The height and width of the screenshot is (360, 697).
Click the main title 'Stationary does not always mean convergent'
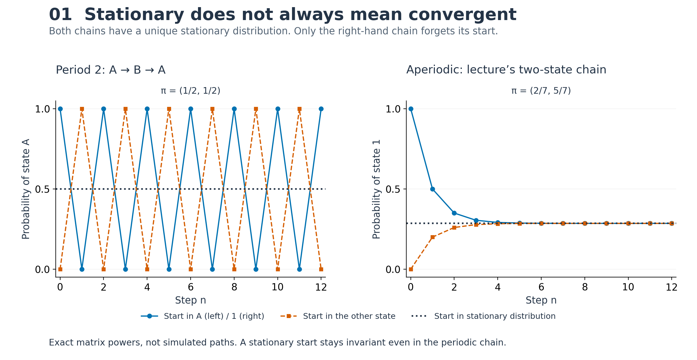click(x=300, y=15)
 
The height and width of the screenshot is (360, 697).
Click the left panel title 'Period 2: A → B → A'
click(x=110, y=70)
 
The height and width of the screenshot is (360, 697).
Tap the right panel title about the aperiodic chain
click(x=506, y=70)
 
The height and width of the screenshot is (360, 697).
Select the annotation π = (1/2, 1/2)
click(x=190, y=91)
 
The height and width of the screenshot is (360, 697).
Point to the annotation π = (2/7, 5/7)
click(x=541, y=91)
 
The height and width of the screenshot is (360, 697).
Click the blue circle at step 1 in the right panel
click(x=432, y=189)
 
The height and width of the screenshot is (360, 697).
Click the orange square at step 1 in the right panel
click(x=432, y=237)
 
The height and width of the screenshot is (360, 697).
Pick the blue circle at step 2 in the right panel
click(x=454, y=213)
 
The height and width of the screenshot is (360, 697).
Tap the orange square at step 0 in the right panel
click(x=411, y=269)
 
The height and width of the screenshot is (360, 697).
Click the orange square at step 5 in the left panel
click(x=169, y=109)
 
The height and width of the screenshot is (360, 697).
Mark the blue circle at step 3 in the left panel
click(x=125, y=269)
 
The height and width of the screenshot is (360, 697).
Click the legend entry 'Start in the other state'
click(x=338, y=316)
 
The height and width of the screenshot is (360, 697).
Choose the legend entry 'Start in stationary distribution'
click(x=483, y=316)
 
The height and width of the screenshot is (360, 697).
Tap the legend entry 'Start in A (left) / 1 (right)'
click(x=202, y=316)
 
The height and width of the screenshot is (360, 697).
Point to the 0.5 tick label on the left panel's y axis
click(x=42, y=189)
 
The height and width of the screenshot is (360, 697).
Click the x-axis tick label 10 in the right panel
click(x=628, y=287)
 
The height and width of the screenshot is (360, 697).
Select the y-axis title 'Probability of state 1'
click(x=376, y=189)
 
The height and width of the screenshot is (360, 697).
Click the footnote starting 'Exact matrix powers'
click(x=277, y=342)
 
